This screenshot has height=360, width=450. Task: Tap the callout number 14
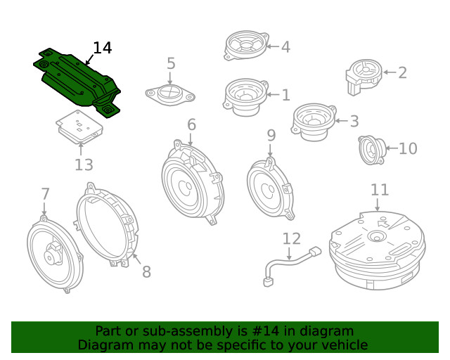click(x=102, y=48)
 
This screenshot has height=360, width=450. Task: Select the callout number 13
click(x=84, y=165)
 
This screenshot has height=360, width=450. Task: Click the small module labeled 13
click(x=79, y=126)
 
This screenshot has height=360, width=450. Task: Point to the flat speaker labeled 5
click(x=170, y=94)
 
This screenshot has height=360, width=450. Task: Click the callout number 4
click(x=285, y=47)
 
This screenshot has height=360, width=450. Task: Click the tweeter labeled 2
click(x=363, y=75)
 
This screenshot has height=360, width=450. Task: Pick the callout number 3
click(x=354, y=120)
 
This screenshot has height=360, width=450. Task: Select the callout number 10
click(x=408, y=148)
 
